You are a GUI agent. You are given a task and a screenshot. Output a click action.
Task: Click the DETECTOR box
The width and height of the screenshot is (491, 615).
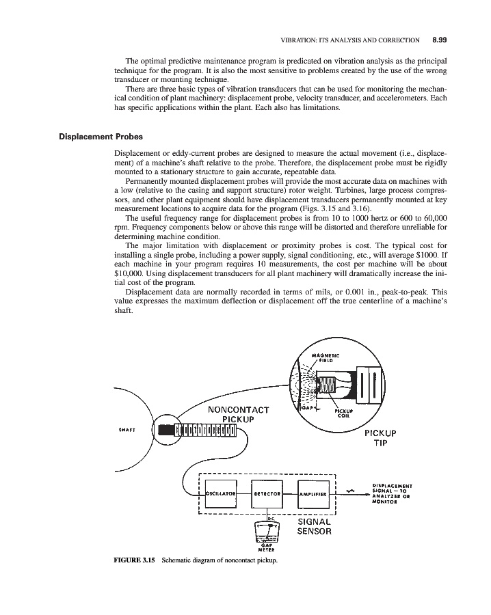tap(269, 492)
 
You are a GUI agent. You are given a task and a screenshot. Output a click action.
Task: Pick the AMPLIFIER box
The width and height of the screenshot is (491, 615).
tap(315, 492)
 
